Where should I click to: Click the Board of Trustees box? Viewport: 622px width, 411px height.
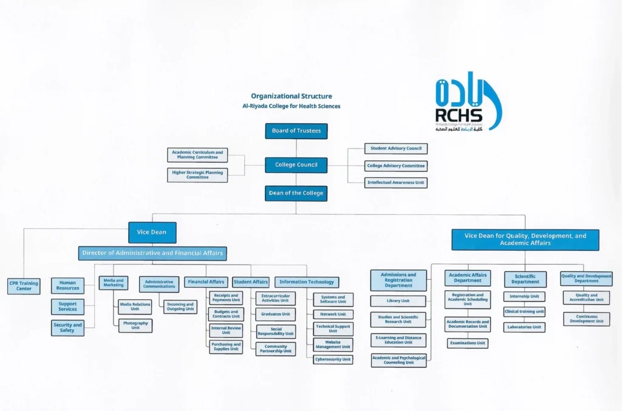(x=296, y=131)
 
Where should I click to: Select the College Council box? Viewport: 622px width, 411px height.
(x=296, y=165)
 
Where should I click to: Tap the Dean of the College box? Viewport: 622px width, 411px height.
(x=296, y=193)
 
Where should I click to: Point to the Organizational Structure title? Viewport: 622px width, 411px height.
(x=292, y=96)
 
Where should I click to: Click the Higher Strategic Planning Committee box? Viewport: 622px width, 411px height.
(x=197, y=175)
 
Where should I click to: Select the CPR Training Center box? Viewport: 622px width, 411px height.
(x=24, y=286)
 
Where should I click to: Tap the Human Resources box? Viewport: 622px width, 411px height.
(x=67, y=285)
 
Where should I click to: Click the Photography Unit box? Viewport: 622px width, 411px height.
(x=135, y=325)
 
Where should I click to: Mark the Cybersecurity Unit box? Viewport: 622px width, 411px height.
(x=333, y=359)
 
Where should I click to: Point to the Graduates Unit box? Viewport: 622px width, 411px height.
(x=275, y=314)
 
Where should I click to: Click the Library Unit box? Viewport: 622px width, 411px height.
(x=398, y=301)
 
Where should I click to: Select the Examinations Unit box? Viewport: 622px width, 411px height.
(x=468, y=343)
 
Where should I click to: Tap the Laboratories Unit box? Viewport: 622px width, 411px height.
(x=524, y=327)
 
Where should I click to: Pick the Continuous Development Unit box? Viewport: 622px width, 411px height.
(x=586, y=319)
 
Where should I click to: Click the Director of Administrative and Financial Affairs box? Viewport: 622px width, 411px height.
(x=152, y=253)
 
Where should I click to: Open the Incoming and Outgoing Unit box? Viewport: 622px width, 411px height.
(x=180, y=307)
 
